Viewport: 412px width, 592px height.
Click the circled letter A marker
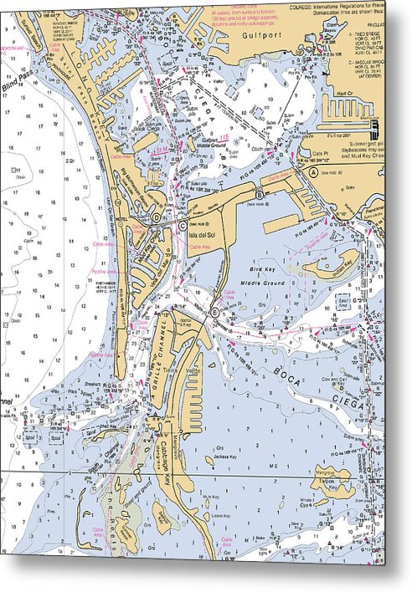[313, 171]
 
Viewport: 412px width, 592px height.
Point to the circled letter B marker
[260, 194]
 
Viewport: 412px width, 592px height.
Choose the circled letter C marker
[182, 224]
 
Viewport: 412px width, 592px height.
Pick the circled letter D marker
[156, 217]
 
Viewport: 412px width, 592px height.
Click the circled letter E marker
[214, 312]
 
